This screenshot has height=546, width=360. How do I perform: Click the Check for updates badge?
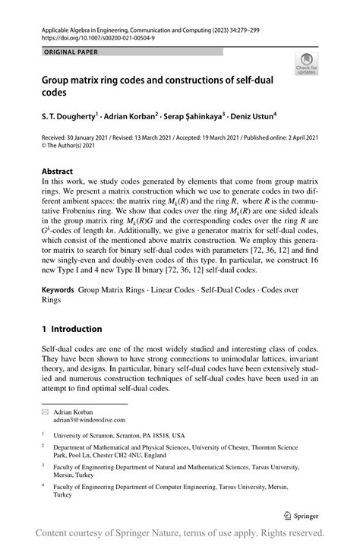(306, 65)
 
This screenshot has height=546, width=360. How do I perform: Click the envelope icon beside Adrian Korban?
(44, 411)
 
